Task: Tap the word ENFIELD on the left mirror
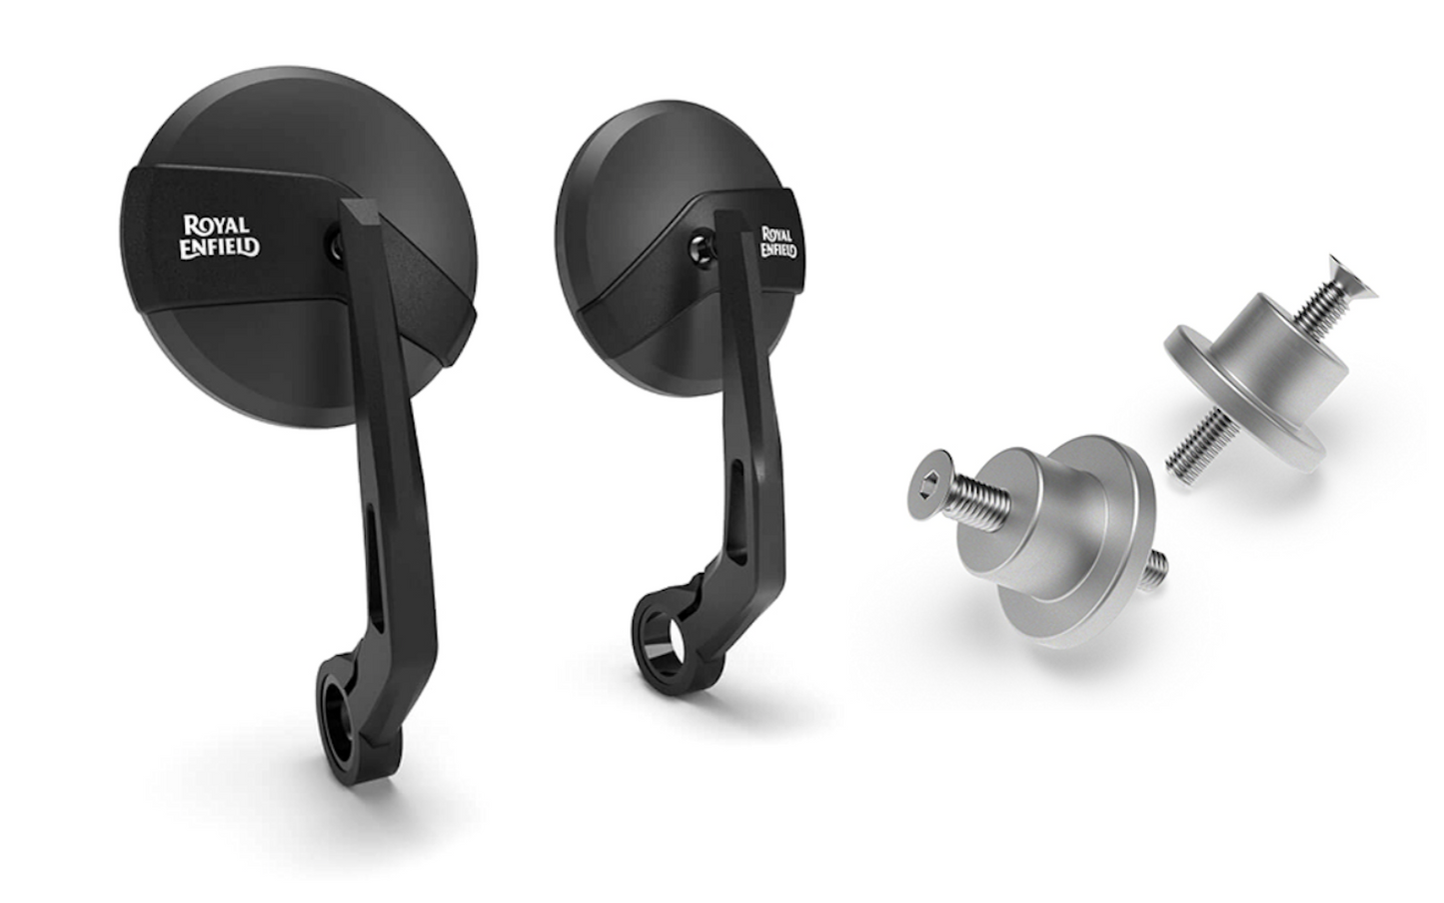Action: pyautogui.click(x=220, y=247)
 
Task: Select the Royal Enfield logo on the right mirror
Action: pyautogui.click(x=777, y=241)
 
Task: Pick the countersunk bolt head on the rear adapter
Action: pyautogui.click(x=1356, y=278)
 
